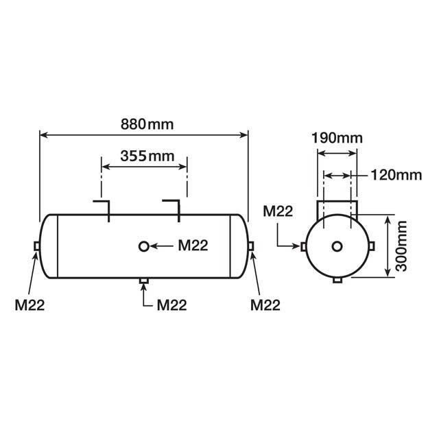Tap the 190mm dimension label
[x=336, y=137]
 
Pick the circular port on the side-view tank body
[x=143, y=246]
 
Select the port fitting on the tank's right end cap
[x=251, y=246]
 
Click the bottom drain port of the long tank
[x=143, y=281]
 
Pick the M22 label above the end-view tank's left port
[x=280, y=211]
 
